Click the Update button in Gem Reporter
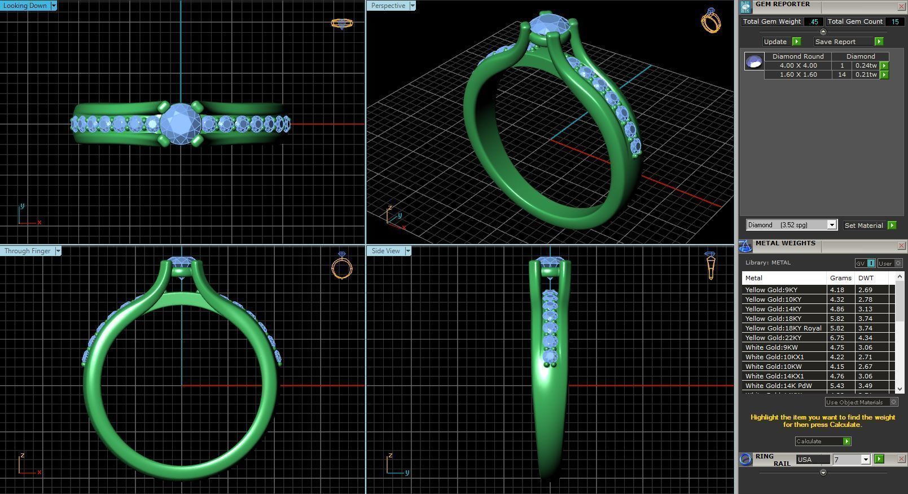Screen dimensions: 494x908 point(775,42)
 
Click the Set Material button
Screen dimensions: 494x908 point(863,226)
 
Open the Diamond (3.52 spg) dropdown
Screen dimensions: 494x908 point(831,225)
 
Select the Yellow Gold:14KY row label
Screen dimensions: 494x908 point(773,309)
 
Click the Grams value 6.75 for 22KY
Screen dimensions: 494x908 point(837,338)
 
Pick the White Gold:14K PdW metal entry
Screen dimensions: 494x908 point(778,386)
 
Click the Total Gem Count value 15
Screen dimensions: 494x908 point(894,21)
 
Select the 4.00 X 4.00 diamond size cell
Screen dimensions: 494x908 point(798,65)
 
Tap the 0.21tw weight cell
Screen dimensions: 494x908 point(866,74)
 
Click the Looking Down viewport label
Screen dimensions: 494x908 point(25,6)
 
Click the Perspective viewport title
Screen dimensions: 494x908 point(388,6)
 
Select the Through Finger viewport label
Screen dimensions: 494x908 point(28,251)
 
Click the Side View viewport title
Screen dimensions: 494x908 point(386,251)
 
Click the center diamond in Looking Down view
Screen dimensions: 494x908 point(181,124)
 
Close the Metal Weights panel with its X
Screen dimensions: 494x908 point(901,245)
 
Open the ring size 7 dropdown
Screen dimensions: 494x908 point(865,460)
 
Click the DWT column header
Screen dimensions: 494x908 point(865,278)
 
